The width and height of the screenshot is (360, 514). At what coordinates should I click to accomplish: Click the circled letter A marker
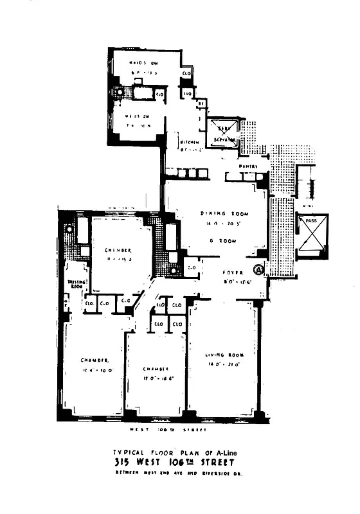tap(259, 270)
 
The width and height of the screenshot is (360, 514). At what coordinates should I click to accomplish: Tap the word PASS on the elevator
tap(311, 220)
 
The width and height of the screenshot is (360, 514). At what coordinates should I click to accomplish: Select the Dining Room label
tap(224, 214)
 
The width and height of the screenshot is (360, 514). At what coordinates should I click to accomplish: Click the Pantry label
tap(249, 166)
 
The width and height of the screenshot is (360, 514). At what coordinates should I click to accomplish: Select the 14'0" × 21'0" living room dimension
tap(224, 364)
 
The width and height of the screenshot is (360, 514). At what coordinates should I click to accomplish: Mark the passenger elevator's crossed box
tap(311, 239)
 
